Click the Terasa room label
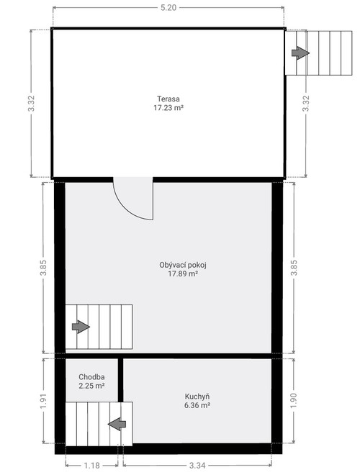(x=168, y=99)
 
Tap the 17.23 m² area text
(x=168, y=108)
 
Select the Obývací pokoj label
(x=178, y=265)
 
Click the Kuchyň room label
(x=197, y=397)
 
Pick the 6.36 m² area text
(x=197, y=406)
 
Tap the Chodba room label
(x=92, y=377)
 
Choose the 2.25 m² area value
(x=92, y=386)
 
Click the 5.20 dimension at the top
(x=168, y=7)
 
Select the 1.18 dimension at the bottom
(x=92, y=466)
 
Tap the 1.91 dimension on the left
(x=44, y=402)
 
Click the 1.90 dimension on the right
(x=293, y=402)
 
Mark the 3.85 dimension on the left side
(x=44, y=268)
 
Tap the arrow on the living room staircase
(x=81, y=327)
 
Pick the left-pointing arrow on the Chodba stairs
(x=117, y=424)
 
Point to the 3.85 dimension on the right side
(x=293, y=268)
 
